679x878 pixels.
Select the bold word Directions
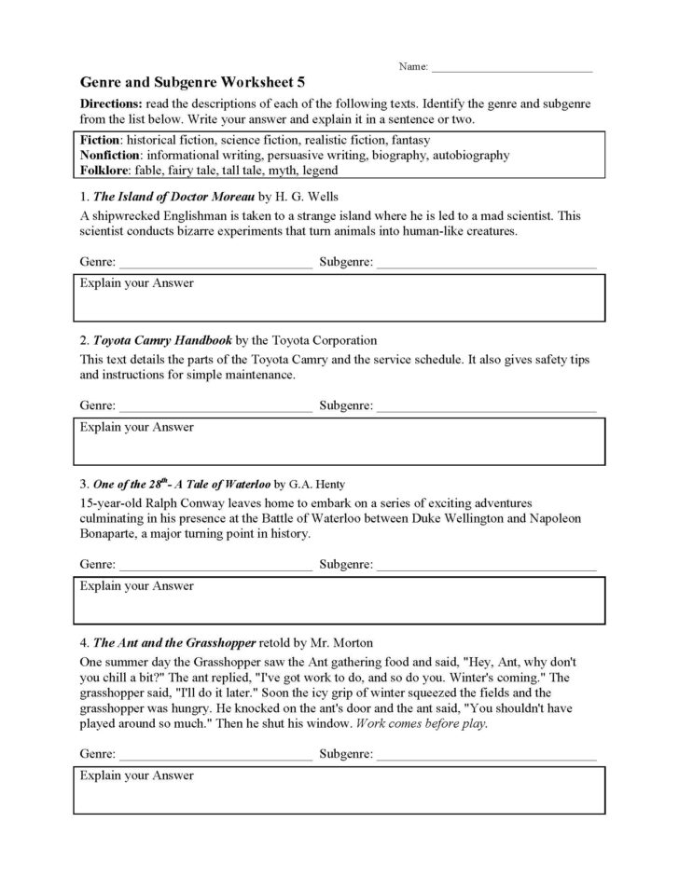pyautogui.click(x=113, y=103)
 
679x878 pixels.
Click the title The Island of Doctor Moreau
pyautogui.click(x=173, y=197)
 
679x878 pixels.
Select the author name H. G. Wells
pyautogui.click(x=310, y=197)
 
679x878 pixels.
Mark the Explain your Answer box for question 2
pyautogui.click(x=339, y=442)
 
